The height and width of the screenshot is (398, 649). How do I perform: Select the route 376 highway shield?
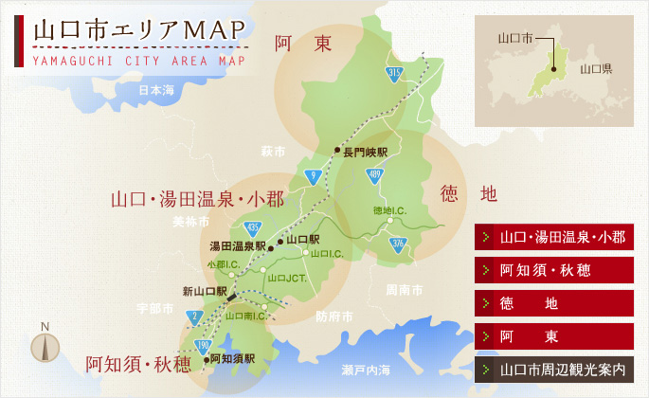[398, 244]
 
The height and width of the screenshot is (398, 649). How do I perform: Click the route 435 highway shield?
[253, 227]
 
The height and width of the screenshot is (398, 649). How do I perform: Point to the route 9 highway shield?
[312, 175]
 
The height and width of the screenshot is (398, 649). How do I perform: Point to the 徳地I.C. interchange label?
[389, 210]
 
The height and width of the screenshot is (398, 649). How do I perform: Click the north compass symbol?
[45, 345]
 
